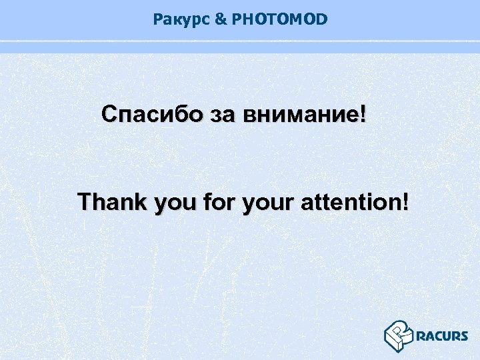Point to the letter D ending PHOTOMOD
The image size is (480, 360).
323,20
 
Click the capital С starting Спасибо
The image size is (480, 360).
109,114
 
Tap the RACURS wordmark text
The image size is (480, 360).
442,336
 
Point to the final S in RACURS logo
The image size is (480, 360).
464,336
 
